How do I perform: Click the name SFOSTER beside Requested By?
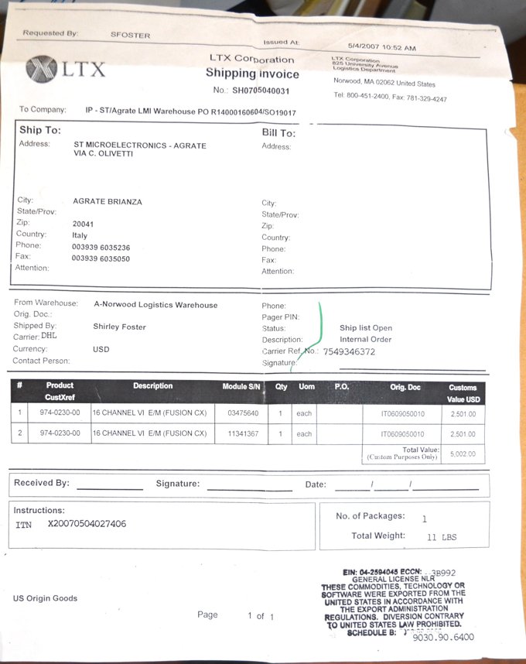(131, 35)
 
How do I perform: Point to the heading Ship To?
(40, 130)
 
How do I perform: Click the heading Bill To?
(278, 133)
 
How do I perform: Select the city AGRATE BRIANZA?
(108, 201)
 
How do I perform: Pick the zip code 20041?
(83, 224)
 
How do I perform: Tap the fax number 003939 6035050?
(101, 258)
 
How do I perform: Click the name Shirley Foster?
(119, 327)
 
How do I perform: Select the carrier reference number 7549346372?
(349, 351)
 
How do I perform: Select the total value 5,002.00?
(463, 454)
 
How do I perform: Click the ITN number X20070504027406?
(87, 525)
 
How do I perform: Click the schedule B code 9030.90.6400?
(443, 638)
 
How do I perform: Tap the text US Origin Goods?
(45, 598)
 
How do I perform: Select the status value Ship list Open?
(366, 328)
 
